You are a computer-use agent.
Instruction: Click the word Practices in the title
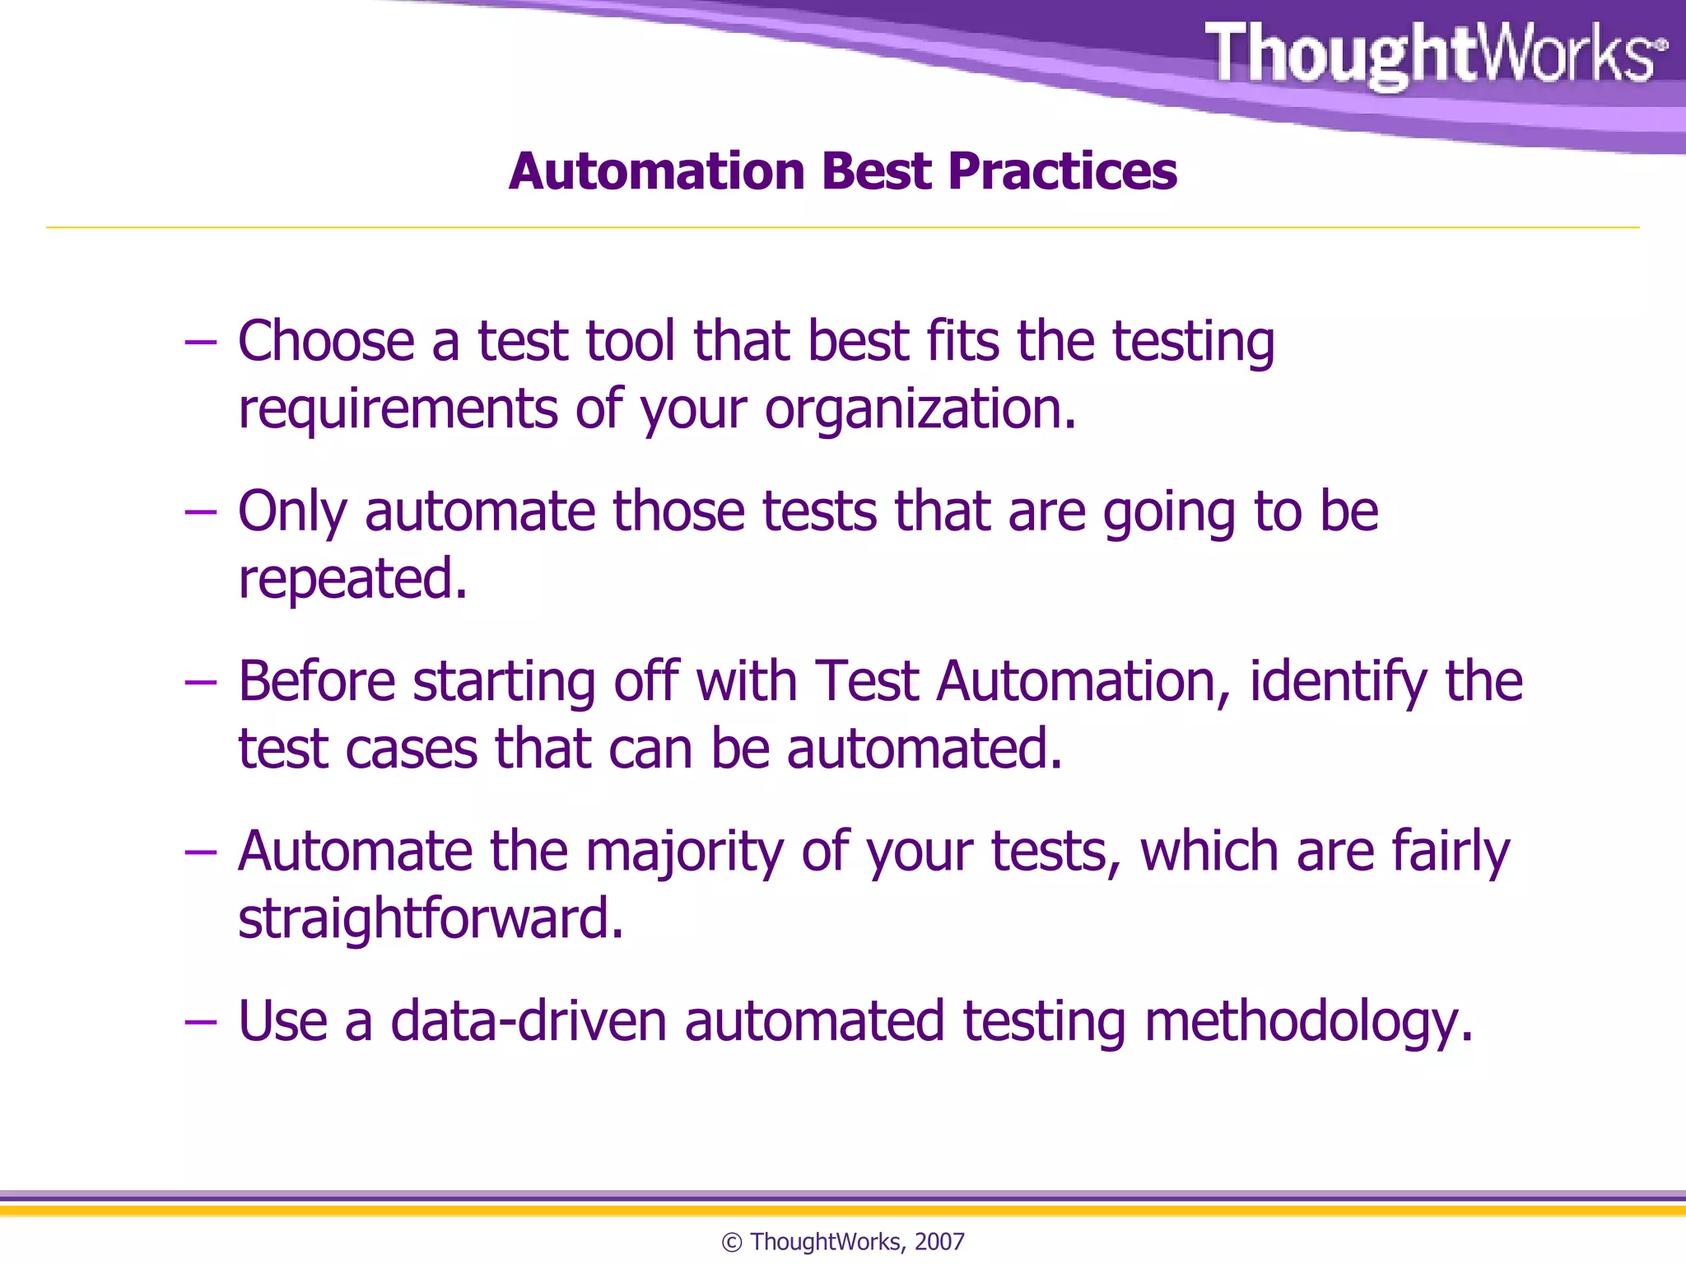[x=1062, y=171]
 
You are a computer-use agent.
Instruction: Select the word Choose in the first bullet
[x=326, y=341]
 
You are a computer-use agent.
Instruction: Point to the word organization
[x=920, y=409]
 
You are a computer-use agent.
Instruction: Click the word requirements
[x=398, y=409]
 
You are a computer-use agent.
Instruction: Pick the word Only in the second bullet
[x=292, y=512]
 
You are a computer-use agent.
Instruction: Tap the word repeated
[x=352, y=579]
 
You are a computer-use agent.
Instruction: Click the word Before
[x=317, y=682]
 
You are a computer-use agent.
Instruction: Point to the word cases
[x=411, y=749]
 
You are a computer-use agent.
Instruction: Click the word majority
[x=684, y=852]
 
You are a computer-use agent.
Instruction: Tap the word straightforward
[x=431, y=919]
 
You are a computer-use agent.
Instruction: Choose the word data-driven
[x=528, y=1021]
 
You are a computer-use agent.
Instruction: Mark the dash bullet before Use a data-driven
[x=200, y=1022]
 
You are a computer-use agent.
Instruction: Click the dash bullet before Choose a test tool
[x=200, y=342]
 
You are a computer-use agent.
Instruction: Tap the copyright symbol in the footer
[x=731, y=1242]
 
